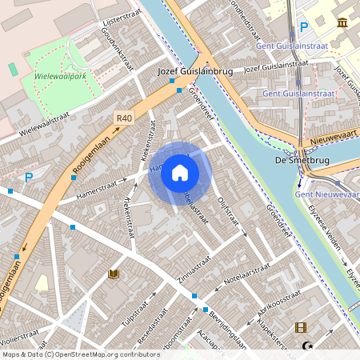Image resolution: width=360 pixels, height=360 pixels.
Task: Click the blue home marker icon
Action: click(180, 172)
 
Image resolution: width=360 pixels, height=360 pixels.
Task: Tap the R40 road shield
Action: click(123, 118)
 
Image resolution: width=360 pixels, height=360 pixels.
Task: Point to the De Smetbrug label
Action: click(293, 160)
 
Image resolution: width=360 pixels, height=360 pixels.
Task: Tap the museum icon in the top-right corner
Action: click(342, 22)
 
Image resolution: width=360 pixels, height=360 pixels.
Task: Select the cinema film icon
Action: click(300, 326)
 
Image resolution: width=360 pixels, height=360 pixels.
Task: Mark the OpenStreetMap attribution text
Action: click(80, 354)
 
